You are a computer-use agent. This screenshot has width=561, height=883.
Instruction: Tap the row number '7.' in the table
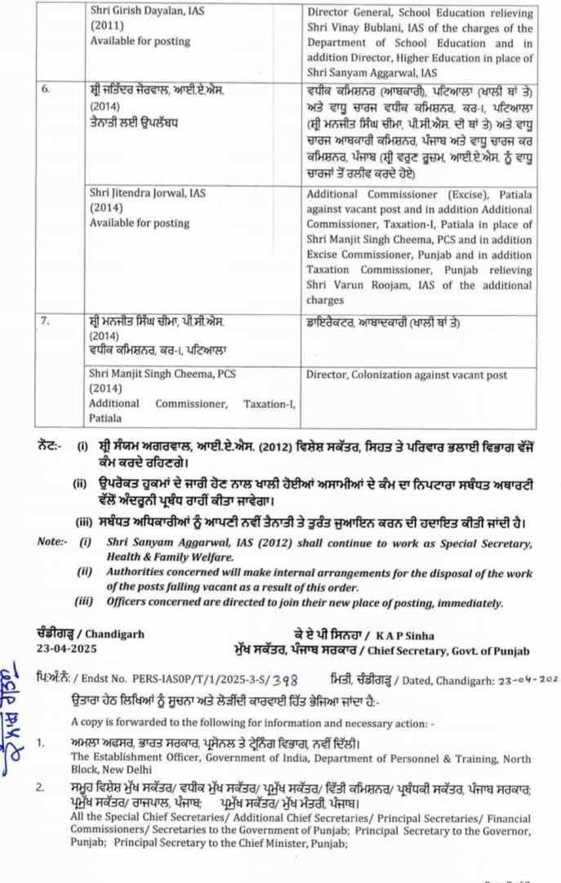[47, 322]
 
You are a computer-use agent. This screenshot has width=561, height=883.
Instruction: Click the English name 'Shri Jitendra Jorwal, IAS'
[148, 194]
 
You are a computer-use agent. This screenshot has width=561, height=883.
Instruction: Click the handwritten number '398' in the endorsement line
[283, 679]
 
